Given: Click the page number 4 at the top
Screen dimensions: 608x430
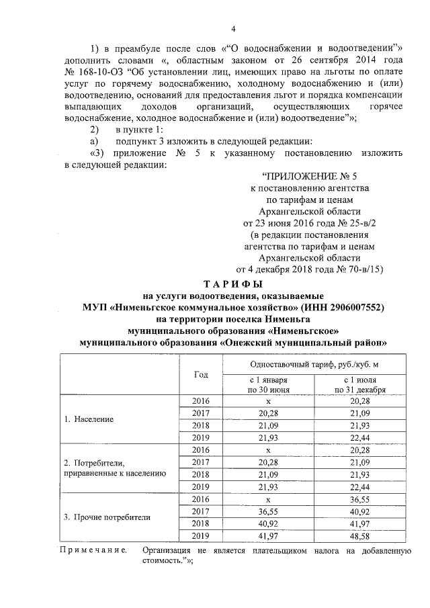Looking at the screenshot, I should tap(233, 28).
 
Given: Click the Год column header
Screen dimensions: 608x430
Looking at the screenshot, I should tap(201, 374).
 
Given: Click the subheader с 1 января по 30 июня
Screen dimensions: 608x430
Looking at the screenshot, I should tap(268, 384).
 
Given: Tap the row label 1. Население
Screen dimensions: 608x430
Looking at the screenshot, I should tap(89, 419).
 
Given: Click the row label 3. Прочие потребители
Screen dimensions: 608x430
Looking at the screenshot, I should tap(107, 517).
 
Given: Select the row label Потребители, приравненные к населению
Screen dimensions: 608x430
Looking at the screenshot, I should tap(114, 468).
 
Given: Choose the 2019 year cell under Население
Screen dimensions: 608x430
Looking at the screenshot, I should tap(201, 437).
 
